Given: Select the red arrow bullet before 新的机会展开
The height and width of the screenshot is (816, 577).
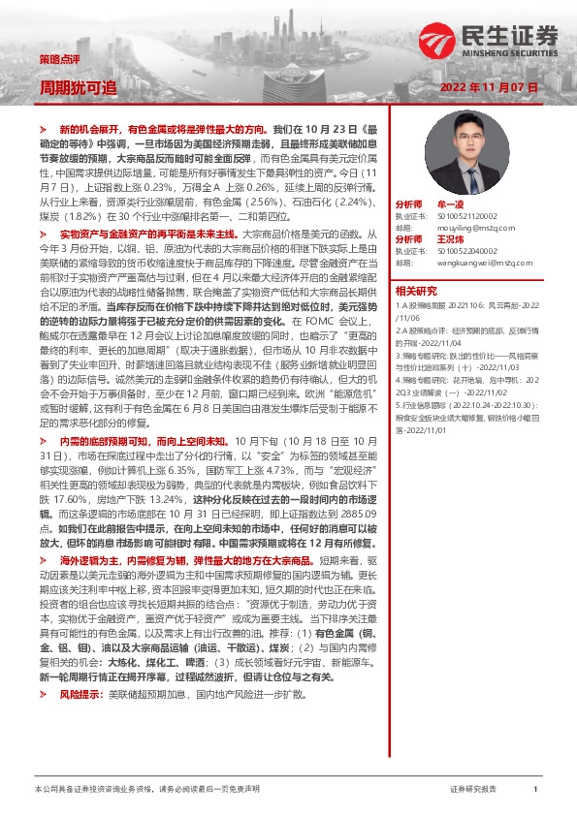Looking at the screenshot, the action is (43, 128).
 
